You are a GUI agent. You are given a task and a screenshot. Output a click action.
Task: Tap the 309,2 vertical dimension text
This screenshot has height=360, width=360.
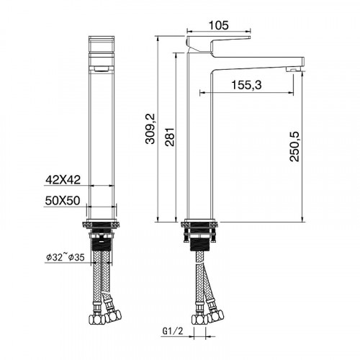click(150, 130)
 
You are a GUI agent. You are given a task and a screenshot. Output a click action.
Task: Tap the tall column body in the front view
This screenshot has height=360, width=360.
click(101, 137)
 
